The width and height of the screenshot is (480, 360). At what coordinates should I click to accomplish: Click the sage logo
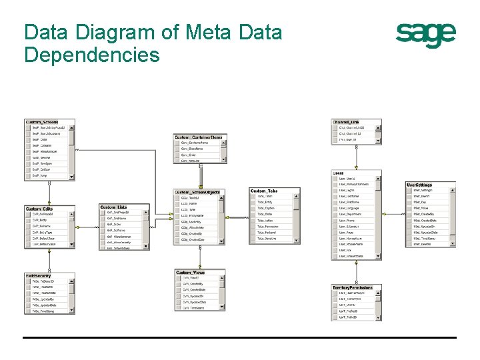pos(426,34)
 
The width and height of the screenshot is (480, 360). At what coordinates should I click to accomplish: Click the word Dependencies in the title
pos(92,54)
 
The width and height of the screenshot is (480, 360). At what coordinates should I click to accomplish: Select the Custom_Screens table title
pos(42,122)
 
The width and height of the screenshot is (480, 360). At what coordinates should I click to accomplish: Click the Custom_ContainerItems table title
pos(199,137)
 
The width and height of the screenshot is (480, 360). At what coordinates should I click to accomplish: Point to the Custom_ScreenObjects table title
pos(197,192)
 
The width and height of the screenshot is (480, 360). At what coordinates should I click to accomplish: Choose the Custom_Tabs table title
pos(264,191)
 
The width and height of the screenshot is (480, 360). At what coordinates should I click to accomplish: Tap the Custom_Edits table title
pos(39,209)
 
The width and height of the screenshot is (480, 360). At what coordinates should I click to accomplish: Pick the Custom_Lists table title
pos(113,207)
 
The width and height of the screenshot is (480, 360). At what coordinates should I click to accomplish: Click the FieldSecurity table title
pos(39,275)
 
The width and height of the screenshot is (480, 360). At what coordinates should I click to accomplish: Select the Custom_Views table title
pos(191,272)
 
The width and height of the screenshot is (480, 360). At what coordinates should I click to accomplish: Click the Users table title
pos(338,173)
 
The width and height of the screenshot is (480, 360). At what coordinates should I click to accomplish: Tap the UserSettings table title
pos(419,185)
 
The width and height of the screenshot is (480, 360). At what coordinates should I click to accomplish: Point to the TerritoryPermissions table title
pos(353,287)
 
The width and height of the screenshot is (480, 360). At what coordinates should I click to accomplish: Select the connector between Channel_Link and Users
pos(357,157)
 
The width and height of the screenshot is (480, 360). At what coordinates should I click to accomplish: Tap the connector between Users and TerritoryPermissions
pos(357,272)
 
